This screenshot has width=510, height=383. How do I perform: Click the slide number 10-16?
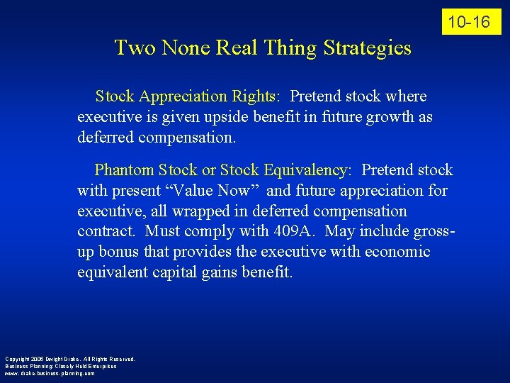coord(471,22)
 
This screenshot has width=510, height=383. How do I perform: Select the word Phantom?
coord(125,170)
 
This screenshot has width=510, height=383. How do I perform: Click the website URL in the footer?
coord(50,373)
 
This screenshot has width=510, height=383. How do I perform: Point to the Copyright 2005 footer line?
coord(69,359)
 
